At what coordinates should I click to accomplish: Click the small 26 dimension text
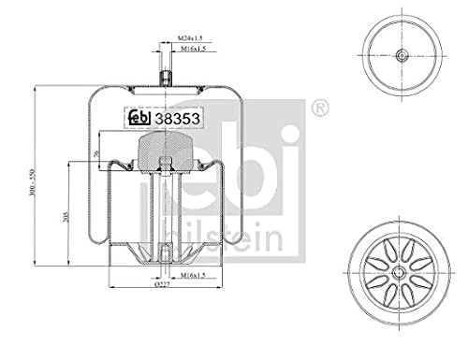[97, 153]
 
